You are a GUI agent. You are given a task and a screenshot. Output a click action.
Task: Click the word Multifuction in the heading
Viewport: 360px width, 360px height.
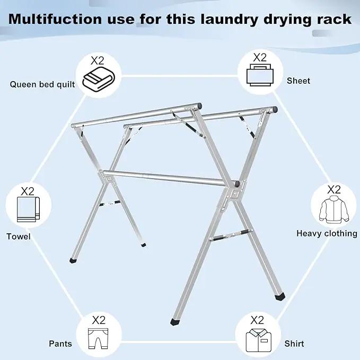point(55,19)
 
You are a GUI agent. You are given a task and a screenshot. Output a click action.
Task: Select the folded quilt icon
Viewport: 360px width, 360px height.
point(99,79)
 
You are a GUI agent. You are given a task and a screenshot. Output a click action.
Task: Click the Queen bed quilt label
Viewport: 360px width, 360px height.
point(42,84)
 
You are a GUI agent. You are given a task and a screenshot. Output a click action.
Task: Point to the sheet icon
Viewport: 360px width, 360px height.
point(260,75)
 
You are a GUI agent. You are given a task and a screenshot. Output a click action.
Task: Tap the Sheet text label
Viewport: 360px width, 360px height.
point(298,81)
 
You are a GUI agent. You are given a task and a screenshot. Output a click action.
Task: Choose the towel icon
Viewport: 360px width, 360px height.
point(28,209)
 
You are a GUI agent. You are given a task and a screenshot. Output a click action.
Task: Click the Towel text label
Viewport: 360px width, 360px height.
point(19,236)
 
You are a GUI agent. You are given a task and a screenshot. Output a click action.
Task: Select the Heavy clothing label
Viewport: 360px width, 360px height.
point(327,233)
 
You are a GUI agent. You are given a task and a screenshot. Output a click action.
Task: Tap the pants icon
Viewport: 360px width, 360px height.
point(98,338)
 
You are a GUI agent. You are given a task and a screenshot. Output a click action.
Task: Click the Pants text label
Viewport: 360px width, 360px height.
point(60,344)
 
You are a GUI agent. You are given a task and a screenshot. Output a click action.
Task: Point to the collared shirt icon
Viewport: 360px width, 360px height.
point(259,340)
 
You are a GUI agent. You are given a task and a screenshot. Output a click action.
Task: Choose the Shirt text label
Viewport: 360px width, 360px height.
point(294,344)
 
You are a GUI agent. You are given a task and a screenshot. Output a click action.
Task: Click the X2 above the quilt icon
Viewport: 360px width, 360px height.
point(98,60)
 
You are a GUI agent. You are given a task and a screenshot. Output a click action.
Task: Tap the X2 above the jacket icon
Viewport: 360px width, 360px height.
point(334,190)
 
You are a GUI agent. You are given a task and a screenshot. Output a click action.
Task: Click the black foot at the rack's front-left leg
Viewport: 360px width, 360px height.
point(175,322)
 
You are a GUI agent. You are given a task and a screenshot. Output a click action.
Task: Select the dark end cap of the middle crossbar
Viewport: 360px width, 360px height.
point(236,183)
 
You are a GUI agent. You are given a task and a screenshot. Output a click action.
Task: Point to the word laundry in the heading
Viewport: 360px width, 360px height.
point(230,20)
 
